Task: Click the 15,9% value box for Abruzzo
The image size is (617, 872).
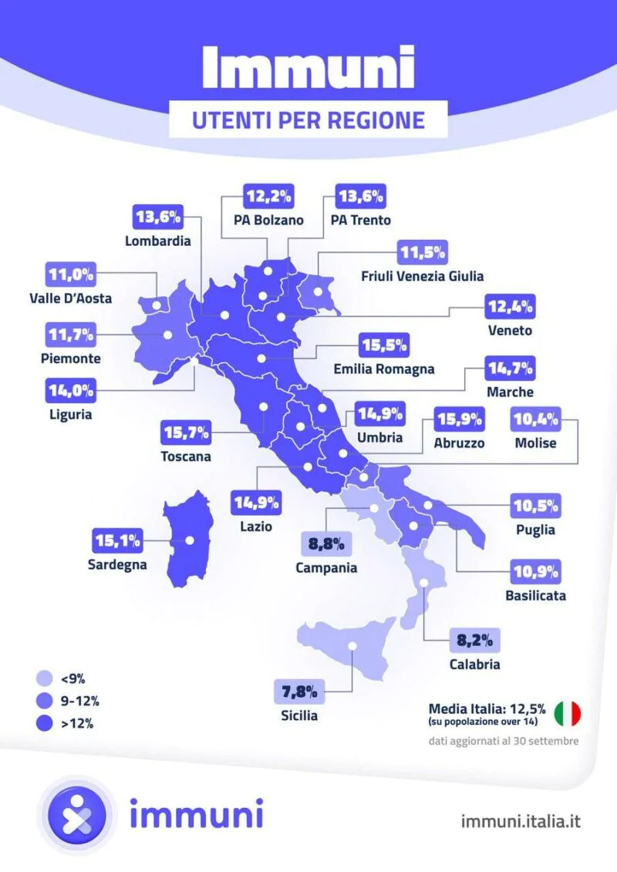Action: (460, 420)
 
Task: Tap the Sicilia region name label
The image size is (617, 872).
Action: (299, 715)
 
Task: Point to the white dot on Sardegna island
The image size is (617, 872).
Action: (189, 540)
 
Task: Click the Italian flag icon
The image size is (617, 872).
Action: (568, 712)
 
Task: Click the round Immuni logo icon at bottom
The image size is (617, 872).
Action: (76, 814)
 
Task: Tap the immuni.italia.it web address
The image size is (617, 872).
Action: (520, 820)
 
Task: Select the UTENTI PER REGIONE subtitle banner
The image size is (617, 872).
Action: (308, 120)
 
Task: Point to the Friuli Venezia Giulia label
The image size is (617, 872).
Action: (422, 275)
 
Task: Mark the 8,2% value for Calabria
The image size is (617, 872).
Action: (475, 640)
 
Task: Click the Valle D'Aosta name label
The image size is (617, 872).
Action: (69, 298)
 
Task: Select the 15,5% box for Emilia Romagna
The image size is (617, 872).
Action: (384, 345)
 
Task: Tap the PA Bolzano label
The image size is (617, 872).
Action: (268, 220)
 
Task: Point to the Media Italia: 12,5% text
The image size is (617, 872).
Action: (487, 708)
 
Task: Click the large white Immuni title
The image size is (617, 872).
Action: (308, 67)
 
